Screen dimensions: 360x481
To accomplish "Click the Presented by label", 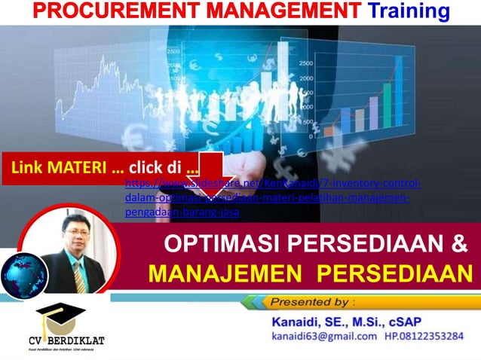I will (309, 302).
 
